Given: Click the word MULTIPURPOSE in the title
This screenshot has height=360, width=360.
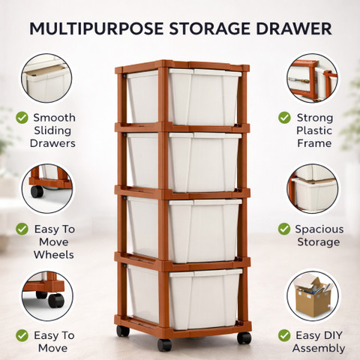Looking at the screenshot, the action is coord(97,28).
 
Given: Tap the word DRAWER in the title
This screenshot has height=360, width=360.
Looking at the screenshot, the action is coord(294,28).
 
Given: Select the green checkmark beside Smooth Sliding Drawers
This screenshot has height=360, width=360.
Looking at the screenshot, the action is coord(22,118).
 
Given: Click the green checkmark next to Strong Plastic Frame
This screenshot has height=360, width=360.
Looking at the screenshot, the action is coord(284,118).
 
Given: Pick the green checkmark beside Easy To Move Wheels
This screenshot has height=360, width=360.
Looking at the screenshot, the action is coord(22,229).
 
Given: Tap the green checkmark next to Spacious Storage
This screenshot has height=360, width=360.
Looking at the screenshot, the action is coord(284,229).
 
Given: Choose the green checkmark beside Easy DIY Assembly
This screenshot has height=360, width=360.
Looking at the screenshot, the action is coord(284,335).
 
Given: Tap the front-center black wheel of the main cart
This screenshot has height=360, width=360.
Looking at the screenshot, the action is coord(164,345).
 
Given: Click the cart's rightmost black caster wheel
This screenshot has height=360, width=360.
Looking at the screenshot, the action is coord(244,338).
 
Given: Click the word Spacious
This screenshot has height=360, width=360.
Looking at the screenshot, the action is coord(319,229).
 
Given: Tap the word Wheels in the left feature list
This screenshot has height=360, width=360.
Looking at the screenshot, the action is coord(54,255).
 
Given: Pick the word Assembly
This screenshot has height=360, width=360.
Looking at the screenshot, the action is coord(319,348).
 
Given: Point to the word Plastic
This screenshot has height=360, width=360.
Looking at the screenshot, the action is coord(314,130).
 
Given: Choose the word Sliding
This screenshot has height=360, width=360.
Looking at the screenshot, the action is coord(52,130).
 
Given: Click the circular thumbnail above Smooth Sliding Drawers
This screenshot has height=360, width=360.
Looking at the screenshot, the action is coord(46,78).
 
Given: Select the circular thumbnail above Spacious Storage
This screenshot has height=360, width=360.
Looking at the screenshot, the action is coord(313,189).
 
